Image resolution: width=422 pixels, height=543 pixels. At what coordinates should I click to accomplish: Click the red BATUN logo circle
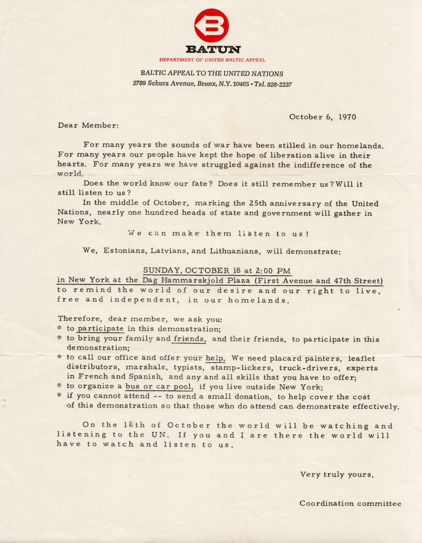coord(212,25)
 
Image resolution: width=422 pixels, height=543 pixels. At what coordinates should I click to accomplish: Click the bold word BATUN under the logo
coord(212,50)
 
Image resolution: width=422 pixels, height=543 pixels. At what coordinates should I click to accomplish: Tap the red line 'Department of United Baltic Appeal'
coord(212,60)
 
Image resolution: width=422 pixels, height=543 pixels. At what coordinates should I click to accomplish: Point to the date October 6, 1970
coord(322,117)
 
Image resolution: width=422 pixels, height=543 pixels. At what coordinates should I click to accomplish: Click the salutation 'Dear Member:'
coord(89,126)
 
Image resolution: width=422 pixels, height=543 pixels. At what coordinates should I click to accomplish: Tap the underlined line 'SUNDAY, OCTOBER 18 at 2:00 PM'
coord(217,270)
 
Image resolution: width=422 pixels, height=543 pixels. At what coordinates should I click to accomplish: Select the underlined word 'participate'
coord(100,329)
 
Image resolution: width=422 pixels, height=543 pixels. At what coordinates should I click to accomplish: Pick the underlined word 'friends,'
coord(190,339)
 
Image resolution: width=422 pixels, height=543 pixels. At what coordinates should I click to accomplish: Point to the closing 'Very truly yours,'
coord(337,475)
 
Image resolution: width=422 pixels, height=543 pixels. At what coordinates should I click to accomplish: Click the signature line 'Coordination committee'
coord(350,503)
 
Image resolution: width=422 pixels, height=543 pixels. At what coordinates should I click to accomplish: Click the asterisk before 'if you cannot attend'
coord(60,396)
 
